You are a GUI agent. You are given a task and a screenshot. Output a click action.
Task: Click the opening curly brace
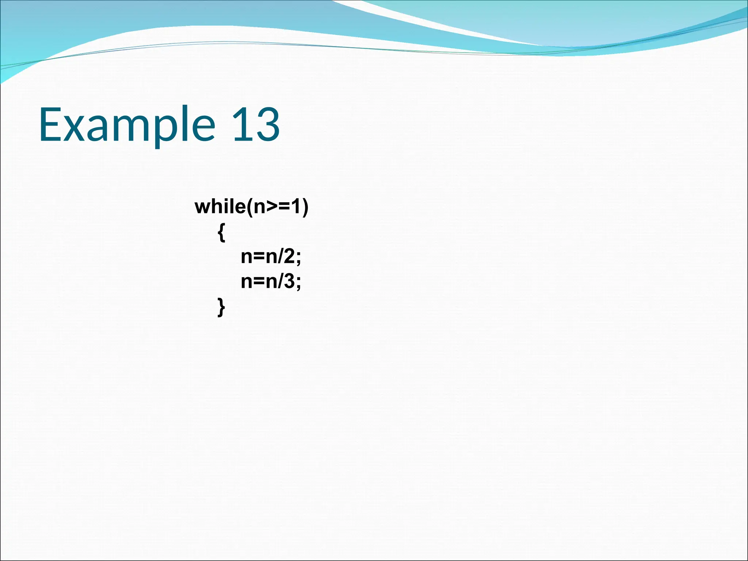point(221,232)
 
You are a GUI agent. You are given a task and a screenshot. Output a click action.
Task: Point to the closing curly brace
point(221,307)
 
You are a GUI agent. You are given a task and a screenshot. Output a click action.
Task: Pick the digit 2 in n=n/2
point(289,256)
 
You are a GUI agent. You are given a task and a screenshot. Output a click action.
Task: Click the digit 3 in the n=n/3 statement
point(289,282)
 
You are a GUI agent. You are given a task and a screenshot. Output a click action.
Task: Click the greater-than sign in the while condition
point(272,207)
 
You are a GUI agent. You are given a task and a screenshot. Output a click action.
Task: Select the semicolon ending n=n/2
point(298,258)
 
